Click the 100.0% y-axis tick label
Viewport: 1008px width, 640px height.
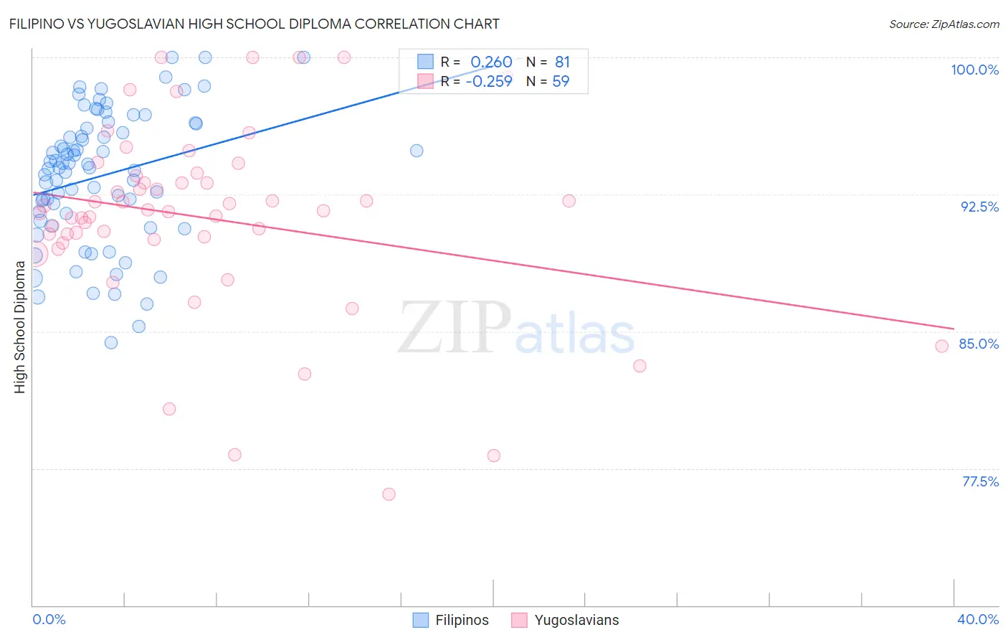tap(974, 70)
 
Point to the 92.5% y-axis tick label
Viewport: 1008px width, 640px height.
tap(979, 207)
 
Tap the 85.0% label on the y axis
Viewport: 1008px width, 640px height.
tap(979, 344)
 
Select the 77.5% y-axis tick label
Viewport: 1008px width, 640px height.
tap(980, 481)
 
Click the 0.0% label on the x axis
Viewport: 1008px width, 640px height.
tap(49, 619)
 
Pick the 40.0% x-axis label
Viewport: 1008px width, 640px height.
tap(978, 619)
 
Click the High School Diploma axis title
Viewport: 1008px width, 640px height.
tap(20, 326)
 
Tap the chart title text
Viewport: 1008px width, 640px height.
tap(254, 24)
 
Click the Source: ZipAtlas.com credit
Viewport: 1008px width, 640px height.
tap(943, 24)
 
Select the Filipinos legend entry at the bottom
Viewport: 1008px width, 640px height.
tap(451, 620)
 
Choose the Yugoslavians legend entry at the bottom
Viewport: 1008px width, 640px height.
tap(565, 620)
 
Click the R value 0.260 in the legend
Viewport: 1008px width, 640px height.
tap(491, 62)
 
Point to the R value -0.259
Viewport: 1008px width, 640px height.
tap(489, 81)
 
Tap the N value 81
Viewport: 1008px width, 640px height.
tap(562, 62)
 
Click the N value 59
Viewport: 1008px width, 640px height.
tap(561, 81)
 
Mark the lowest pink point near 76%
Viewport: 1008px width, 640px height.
tap(389, 494)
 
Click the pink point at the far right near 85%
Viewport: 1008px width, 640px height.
tap(942, 346)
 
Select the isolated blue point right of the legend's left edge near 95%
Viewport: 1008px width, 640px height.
tap(417, 151)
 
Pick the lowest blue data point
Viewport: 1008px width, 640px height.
tap(111, 342)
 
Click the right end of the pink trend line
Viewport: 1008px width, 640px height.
tap(954, 329)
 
